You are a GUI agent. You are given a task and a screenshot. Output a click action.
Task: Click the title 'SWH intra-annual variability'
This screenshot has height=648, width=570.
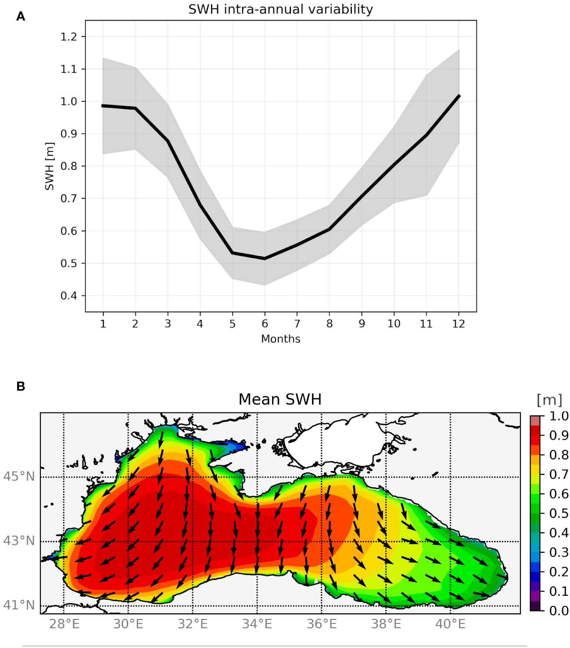tap(280, 9)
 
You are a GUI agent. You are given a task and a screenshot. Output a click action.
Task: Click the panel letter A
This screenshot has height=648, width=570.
tap(21, 17)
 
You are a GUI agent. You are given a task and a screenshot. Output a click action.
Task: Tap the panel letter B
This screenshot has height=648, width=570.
tap(21, 387)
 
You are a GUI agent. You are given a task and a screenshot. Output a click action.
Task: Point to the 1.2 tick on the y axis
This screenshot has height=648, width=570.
tap(68, 37)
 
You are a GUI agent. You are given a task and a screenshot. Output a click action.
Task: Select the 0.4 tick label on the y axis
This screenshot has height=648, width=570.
tap(68, 296)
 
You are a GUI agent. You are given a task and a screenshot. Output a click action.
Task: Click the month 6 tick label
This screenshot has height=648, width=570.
tap(265, 324)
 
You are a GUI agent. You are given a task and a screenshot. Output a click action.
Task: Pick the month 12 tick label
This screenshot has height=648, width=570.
tap(459, 324)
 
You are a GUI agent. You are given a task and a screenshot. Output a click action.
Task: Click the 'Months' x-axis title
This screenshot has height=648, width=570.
tap(280, 339)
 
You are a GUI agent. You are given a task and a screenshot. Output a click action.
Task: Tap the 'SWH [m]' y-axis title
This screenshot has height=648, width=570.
tap(50, 166)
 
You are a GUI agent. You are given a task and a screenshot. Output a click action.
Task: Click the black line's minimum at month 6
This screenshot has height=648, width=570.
tap(265, 258)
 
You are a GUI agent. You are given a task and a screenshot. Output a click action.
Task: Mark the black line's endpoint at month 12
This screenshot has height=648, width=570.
tap(459, 96)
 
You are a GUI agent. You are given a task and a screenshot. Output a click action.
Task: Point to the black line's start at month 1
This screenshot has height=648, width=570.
tap(103, 106)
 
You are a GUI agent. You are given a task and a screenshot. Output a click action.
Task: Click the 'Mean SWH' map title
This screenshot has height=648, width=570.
tap(280, 400)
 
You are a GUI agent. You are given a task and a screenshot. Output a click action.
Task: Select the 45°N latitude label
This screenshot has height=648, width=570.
tap(19, 476)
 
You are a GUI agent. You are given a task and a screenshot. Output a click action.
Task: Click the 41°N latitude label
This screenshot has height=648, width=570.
tap(19, 605)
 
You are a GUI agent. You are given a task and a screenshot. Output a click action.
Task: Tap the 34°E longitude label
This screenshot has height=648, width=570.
tap(257, 624)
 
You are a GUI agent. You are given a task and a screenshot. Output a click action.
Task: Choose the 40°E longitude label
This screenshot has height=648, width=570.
tap(450, 624)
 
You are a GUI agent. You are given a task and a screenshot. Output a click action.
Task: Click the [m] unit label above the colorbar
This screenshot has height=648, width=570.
tap(549, 400)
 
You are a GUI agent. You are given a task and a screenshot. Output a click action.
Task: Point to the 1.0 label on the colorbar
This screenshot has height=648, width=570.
tap(559, 416)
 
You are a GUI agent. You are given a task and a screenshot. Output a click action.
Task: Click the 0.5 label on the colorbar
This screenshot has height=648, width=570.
tap(559, 513)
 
